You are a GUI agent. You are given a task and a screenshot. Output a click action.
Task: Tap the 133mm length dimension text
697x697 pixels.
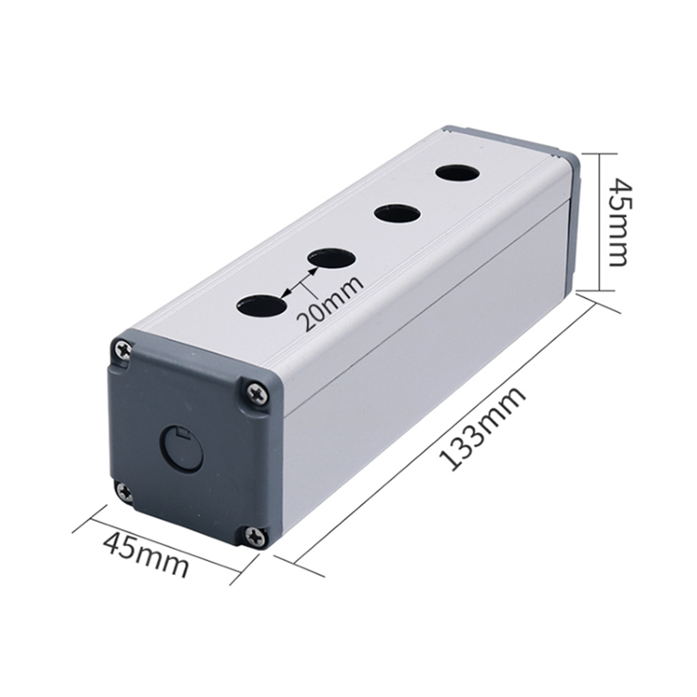tap(483, 429)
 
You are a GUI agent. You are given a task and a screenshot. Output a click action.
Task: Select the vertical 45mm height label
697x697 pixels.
tap(620, 222)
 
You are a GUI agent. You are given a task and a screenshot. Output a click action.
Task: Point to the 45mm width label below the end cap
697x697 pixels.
tap(145, 555)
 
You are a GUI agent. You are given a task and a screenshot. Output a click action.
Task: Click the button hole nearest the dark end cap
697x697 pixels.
tap(261, 306)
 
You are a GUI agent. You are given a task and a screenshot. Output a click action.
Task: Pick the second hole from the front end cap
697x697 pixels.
tap(332, 259)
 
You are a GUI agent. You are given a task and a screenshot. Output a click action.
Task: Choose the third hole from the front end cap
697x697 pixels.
tap(397, 213)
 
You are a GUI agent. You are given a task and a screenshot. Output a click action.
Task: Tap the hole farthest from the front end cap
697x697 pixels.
tap(458, 173)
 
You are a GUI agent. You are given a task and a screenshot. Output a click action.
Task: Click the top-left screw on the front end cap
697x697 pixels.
tap(123, 350)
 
